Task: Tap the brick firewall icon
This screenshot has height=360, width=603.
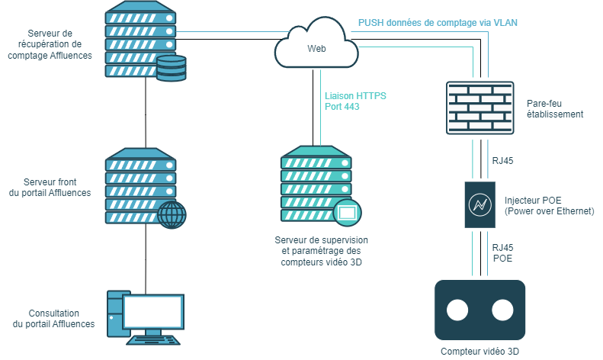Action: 481,108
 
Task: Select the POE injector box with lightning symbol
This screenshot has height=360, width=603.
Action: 480,205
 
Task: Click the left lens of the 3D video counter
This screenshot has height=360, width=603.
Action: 457,310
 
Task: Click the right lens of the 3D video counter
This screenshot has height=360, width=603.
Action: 502,310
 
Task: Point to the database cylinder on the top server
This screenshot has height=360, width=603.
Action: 171,67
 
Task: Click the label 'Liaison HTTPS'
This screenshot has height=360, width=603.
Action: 355,96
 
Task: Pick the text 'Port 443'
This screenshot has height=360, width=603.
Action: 342,108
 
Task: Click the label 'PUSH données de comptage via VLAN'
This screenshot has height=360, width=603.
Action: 438,23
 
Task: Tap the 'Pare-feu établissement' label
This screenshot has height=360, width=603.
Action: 554,108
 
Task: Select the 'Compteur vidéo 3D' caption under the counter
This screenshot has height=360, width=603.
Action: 480,352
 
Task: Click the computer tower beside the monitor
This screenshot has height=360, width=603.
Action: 114,313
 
